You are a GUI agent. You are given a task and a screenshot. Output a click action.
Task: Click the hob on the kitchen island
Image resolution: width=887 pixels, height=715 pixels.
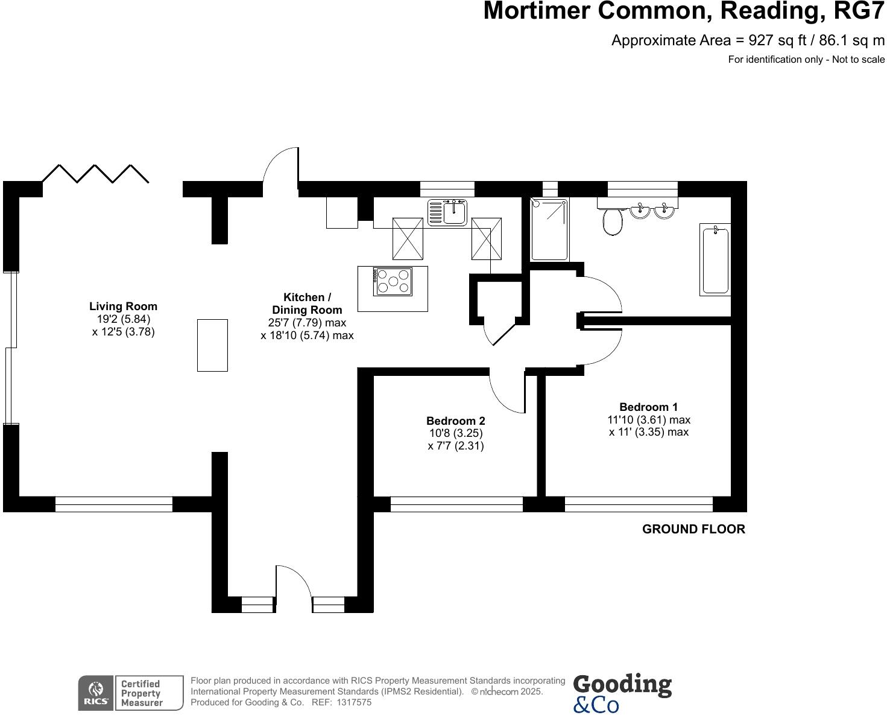[x=393, y=281]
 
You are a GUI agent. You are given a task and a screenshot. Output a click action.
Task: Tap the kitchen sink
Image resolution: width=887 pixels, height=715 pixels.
[x=447, y=212]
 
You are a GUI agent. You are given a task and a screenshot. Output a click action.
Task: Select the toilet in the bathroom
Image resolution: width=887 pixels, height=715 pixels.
[x=612, y=222]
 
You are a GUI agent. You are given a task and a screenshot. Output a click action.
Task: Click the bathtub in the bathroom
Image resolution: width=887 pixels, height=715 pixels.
[x=715, y=259]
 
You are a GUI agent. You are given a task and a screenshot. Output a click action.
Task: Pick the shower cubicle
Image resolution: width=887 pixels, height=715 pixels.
[x=549, y=229]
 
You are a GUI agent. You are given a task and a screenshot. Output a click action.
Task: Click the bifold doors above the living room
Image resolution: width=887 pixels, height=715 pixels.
[x=95, y=173]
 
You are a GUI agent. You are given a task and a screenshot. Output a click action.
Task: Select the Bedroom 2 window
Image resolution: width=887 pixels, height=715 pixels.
[x=456, y=504]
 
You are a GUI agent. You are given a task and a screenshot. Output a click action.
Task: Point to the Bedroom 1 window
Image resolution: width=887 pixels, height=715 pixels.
[x=638, y=504]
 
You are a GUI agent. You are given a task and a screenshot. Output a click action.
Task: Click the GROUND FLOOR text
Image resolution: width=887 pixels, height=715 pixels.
[x=693, y=529]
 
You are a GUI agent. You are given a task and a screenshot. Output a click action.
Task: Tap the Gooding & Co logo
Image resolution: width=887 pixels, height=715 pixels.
[x=622, y=693]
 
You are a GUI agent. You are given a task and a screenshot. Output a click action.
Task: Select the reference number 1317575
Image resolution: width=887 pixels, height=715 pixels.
[x=355, y=702]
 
